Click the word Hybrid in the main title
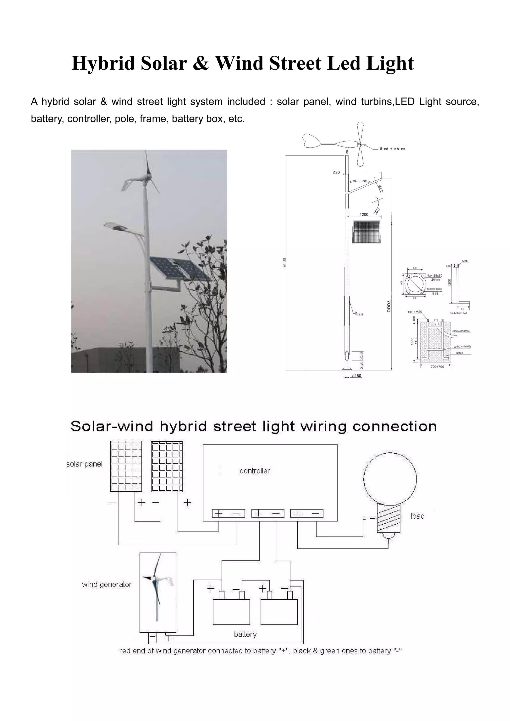tap(103, 63)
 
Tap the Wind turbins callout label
tap(392, 149)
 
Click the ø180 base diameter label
tap(357, 376)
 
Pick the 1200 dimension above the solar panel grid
tap(364, 215)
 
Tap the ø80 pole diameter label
tap(336, 173)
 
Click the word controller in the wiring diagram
tap(255, 471)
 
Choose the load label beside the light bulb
tap(418, 516)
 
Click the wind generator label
tap(107, 584)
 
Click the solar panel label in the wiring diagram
tap(84, 464)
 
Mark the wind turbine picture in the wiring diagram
tap(158, 592)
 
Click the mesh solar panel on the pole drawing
tap(366, 232)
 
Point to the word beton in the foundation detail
tap(459, 353)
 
